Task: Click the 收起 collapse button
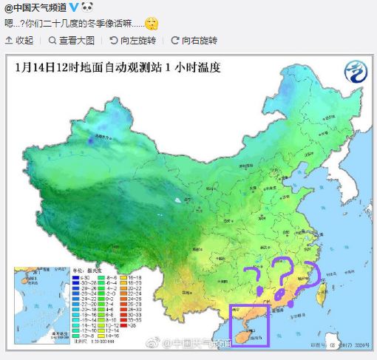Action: pos(20,40)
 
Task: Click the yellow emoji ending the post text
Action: pos(150,23)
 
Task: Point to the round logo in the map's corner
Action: pos(354,72)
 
